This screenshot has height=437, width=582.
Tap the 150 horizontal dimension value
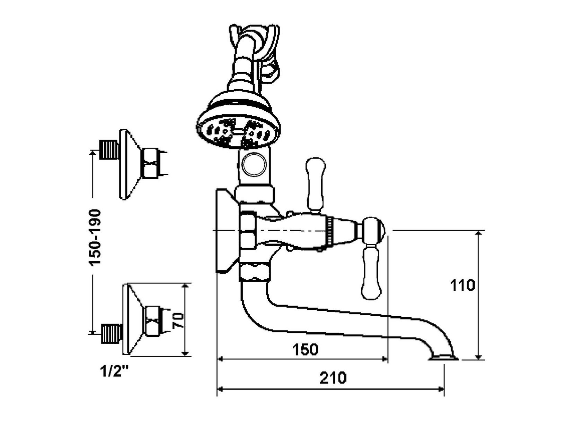(x=305, y=349)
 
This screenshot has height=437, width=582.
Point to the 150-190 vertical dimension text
(x=95, y=238)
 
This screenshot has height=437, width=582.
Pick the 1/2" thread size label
(x=113, y=374)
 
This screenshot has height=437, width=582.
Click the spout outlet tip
(x=443, y=358)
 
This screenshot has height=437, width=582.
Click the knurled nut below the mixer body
(x=255, y=272)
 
